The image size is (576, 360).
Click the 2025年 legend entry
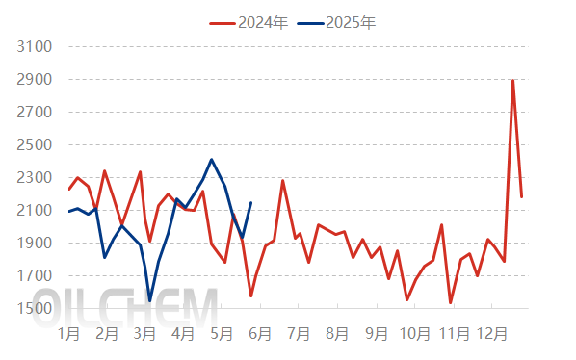tap(336, 22)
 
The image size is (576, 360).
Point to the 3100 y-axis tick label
tap(33, 46)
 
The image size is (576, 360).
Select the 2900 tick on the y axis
tap(33, 79)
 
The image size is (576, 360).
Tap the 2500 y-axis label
tap(33, 144)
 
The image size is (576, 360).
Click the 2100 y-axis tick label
tap(33, 210)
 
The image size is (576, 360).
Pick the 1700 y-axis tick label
tap(33, 275)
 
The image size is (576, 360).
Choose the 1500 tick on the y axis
tap(33, 308)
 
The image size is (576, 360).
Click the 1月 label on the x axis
tap(68, 334)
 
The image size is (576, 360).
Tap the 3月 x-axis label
tap(145, 334)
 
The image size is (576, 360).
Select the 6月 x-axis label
tap(260, 334)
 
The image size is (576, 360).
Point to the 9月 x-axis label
tap(376, 334)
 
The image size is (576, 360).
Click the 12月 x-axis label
tap(493, 334)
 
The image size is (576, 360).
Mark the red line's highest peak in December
tap(512, 80)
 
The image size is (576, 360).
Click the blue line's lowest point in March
tap(150, 301)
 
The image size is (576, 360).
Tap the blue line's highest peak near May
tap(212, 160)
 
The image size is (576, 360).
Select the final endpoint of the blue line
tap(251, 202)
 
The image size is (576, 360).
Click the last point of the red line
tap(522, 197)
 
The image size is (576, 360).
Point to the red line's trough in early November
tap(451, 303)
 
